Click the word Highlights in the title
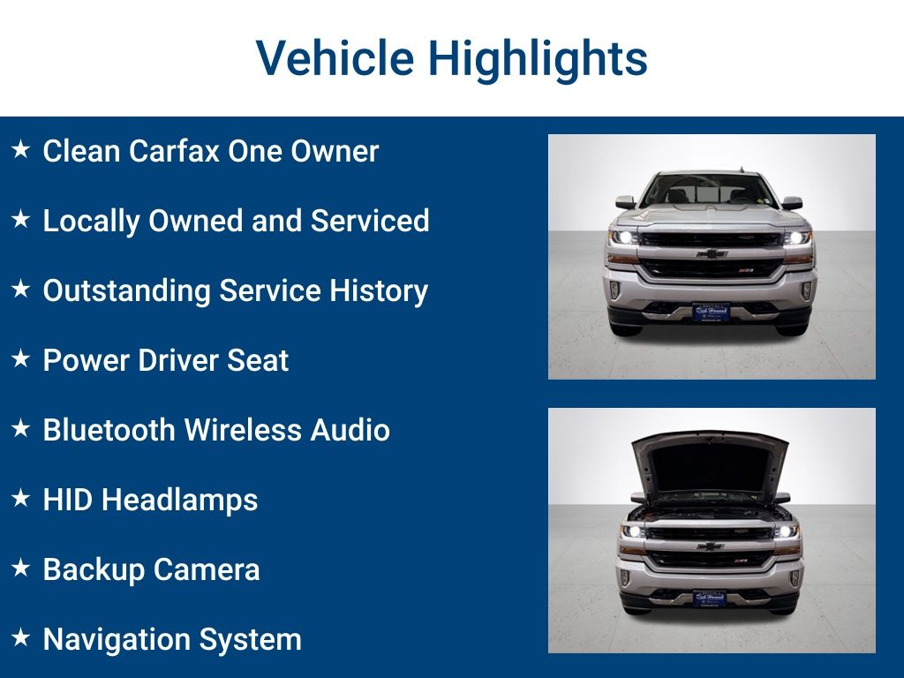point(538,59)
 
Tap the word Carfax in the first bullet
point(174,151)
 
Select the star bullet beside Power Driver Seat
point(20,359)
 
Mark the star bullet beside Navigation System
point(20,637)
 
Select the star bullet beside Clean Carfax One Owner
point(20,150)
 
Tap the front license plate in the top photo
point(711,313)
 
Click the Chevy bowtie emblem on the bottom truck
point(709,546)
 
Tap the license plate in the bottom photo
point(709,599)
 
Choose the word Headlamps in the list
point(180,500)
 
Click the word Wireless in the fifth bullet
point(241,430)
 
